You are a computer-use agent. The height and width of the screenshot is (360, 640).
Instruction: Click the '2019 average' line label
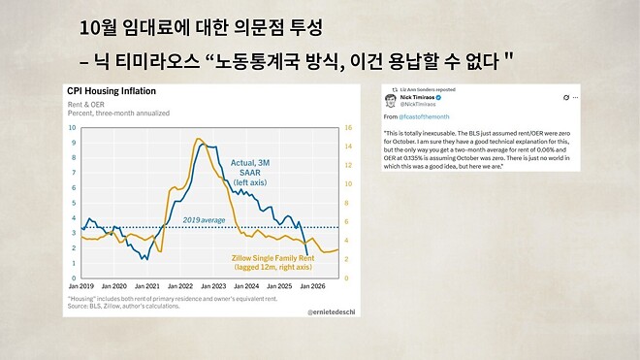point(204,220)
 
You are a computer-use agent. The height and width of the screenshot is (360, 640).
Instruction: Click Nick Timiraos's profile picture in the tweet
point(390,100)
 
